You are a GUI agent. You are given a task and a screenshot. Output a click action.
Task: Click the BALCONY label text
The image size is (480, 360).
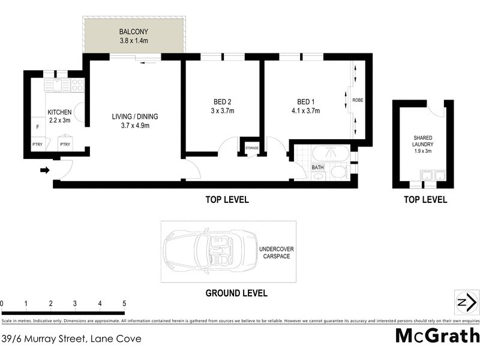click(x=133, y=31)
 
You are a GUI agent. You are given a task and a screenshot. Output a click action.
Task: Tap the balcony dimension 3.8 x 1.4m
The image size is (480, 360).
click(x=133, y=41)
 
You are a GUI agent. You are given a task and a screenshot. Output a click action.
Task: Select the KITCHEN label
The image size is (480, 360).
click(x=59, y=112)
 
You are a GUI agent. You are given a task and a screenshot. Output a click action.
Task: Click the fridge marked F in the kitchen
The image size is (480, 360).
click(x=37, y=127)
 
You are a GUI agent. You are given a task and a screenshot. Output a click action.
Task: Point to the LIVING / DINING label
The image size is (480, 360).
click(x=134, y=116)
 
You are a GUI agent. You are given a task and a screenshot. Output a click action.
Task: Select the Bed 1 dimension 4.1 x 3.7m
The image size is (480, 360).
click(x=305, y=111)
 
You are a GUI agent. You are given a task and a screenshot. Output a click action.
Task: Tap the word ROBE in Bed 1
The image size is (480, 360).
click(x=358, y=100)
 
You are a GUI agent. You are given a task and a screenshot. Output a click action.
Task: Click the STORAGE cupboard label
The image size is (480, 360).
click(x=251, y=147)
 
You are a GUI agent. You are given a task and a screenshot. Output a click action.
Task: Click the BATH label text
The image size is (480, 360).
click(x=317, y=168)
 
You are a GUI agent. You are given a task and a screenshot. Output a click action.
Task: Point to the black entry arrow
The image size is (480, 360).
click(x=44, y=170)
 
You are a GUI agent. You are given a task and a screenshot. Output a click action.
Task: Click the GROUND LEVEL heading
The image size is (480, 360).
click(x=236, y=293)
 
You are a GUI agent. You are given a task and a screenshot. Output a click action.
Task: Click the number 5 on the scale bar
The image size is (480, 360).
click(x=124, y=304)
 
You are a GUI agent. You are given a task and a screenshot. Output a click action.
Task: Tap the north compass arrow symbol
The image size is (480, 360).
click(x=466, y=303)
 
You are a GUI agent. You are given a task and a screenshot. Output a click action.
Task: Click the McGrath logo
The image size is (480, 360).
click(x=437, y=335)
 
